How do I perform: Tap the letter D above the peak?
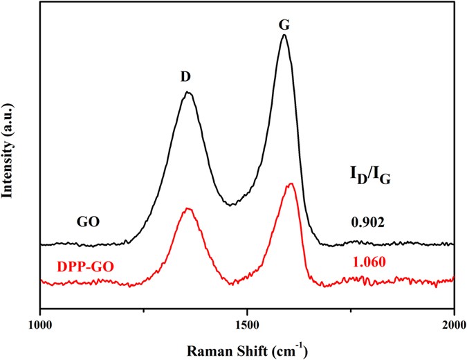pyautogui.click(x=185, y=78)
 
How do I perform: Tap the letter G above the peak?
pyautogui.click(x=284, y=23)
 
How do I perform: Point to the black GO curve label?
pyautogui.click(x=89, y=223)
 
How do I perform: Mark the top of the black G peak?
pyautogui.click(x=284, y=35)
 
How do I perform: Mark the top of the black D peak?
pyautogui.click(x=187, y=92)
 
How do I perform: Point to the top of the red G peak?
pyautogui.click(x=291, y=183)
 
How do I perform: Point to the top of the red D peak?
pyautogui.click(x=187, y=208)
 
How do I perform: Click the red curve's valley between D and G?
pyautogui.click(x=234, y=282)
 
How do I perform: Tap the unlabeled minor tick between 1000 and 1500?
pyautogui.click(x=144, y=309)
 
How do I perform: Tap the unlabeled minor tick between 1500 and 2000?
pyautogui.click(x=351, y=309)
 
